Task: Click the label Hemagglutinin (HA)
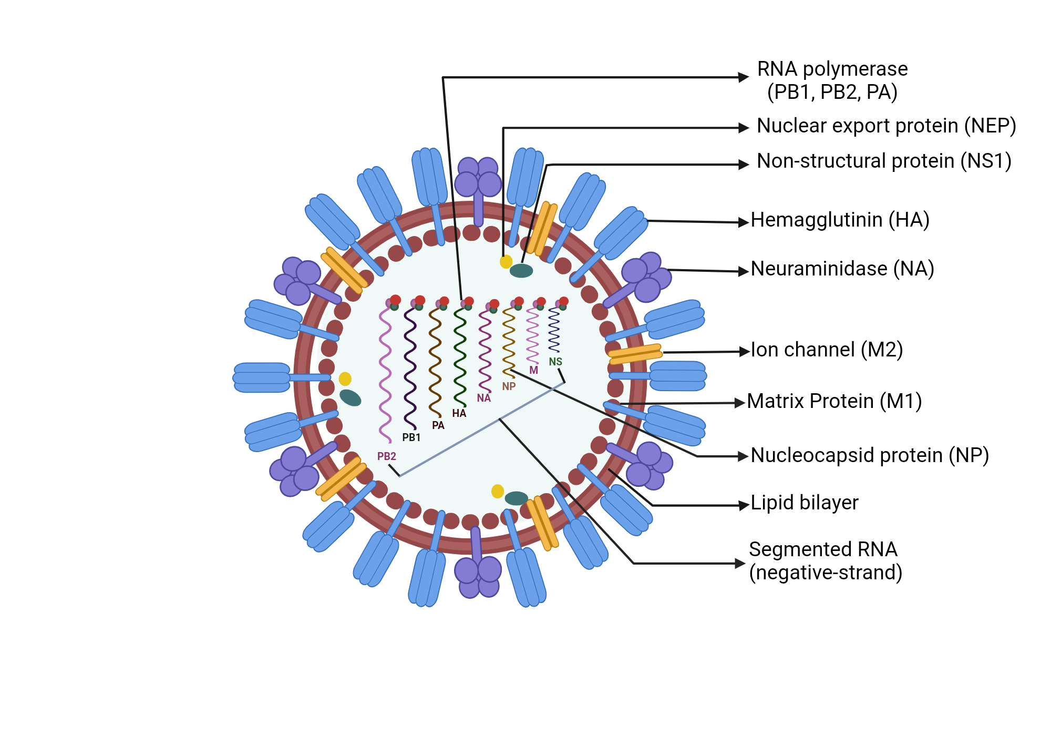840,220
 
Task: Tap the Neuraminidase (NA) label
842,269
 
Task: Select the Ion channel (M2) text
826,350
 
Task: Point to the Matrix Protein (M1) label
834,401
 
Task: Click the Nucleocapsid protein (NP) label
869,455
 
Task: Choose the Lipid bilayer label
804,503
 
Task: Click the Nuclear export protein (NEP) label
886,126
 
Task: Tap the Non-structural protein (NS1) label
884,161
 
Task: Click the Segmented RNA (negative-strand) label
825,561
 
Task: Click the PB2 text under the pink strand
386,456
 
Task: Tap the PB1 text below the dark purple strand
411,437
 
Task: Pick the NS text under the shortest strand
555,362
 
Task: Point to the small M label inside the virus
533,370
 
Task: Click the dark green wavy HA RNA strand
460,357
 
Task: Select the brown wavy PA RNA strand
435,363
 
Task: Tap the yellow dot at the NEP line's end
506,261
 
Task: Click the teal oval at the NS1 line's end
521,271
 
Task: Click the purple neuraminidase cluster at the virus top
478,177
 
